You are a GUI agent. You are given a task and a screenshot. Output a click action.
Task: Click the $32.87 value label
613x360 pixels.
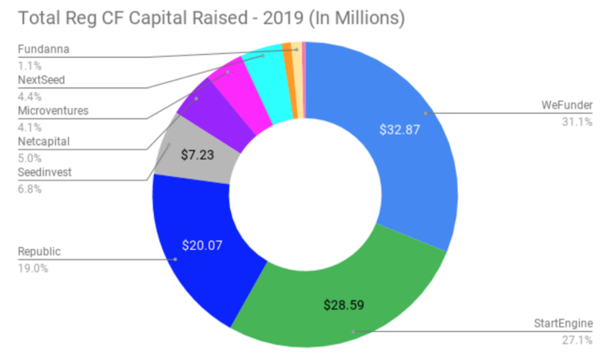(400, 129)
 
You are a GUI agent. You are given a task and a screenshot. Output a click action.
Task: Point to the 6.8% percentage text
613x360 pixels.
(29, 188)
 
